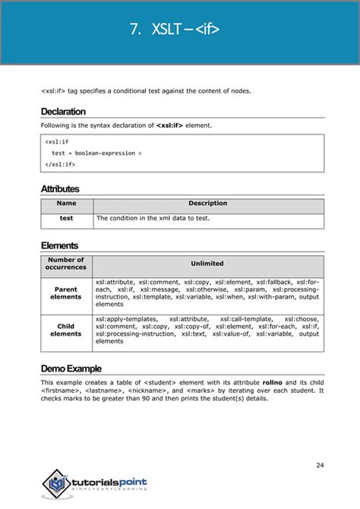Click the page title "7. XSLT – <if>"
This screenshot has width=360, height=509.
click(180, 31)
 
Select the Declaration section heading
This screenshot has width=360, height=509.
click(63, 112)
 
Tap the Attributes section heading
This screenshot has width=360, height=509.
click(60, 188)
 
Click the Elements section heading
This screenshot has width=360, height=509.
click(59, 245)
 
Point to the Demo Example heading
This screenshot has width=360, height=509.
click(71, 368)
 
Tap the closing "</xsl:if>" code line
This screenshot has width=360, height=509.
click(60, 164)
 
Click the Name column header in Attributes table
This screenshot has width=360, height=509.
click(66, 204)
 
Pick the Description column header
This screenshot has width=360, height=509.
click(207, 204)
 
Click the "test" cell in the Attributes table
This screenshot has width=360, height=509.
click(66, 218)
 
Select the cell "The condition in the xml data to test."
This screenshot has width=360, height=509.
click(152, 218)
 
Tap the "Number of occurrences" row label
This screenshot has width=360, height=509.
click(66, 264)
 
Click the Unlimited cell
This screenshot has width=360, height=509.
click(207, 264)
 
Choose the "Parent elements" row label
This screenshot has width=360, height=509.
click(66, 292)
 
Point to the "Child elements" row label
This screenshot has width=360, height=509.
click(66, 330)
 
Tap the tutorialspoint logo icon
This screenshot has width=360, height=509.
click(54, 482)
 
